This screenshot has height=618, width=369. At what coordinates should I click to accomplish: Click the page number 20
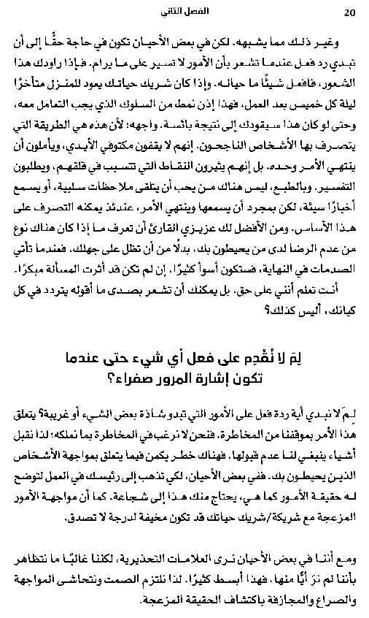click(349, 12)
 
